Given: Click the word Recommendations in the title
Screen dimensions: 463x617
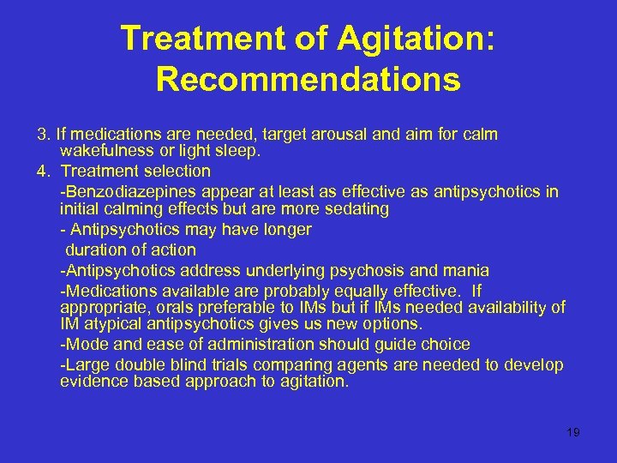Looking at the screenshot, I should pyautogui.click(x=308, y=80).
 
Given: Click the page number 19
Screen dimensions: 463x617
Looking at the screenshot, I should pyautogui.click(x=573, y=432).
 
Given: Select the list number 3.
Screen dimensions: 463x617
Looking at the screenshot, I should pyautogui.click(x=42, y=135).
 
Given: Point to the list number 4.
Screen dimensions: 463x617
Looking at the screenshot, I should pyautogui.click(x=42, y=171).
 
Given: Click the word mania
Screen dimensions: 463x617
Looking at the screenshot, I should pyautogui.click(x=467, y=271).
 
